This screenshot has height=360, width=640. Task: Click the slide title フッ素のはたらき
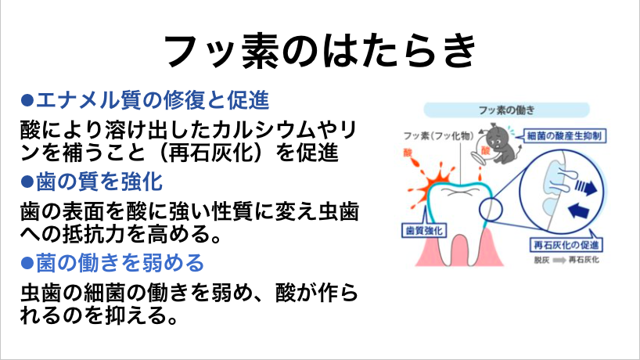320,51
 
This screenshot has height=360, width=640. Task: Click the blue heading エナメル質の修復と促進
153,100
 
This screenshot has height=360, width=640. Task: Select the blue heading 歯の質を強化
99,182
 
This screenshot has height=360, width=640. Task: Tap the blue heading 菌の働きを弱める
120,262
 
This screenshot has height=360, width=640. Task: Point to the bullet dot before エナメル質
27,100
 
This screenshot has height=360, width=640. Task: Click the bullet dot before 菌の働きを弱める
27,263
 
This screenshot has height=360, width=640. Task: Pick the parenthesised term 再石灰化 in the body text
210,153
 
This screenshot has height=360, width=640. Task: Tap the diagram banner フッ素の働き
506,110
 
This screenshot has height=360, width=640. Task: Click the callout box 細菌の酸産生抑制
564,136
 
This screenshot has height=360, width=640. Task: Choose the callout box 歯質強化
425,231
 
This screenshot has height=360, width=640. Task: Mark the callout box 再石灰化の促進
566,245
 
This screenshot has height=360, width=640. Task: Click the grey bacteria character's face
495,142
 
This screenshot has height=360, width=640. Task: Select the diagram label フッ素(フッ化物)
438,136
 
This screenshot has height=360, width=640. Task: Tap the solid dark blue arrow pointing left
579,211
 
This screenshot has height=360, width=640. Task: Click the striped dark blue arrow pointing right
586,187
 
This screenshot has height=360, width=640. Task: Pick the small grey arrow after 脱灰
559,260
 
